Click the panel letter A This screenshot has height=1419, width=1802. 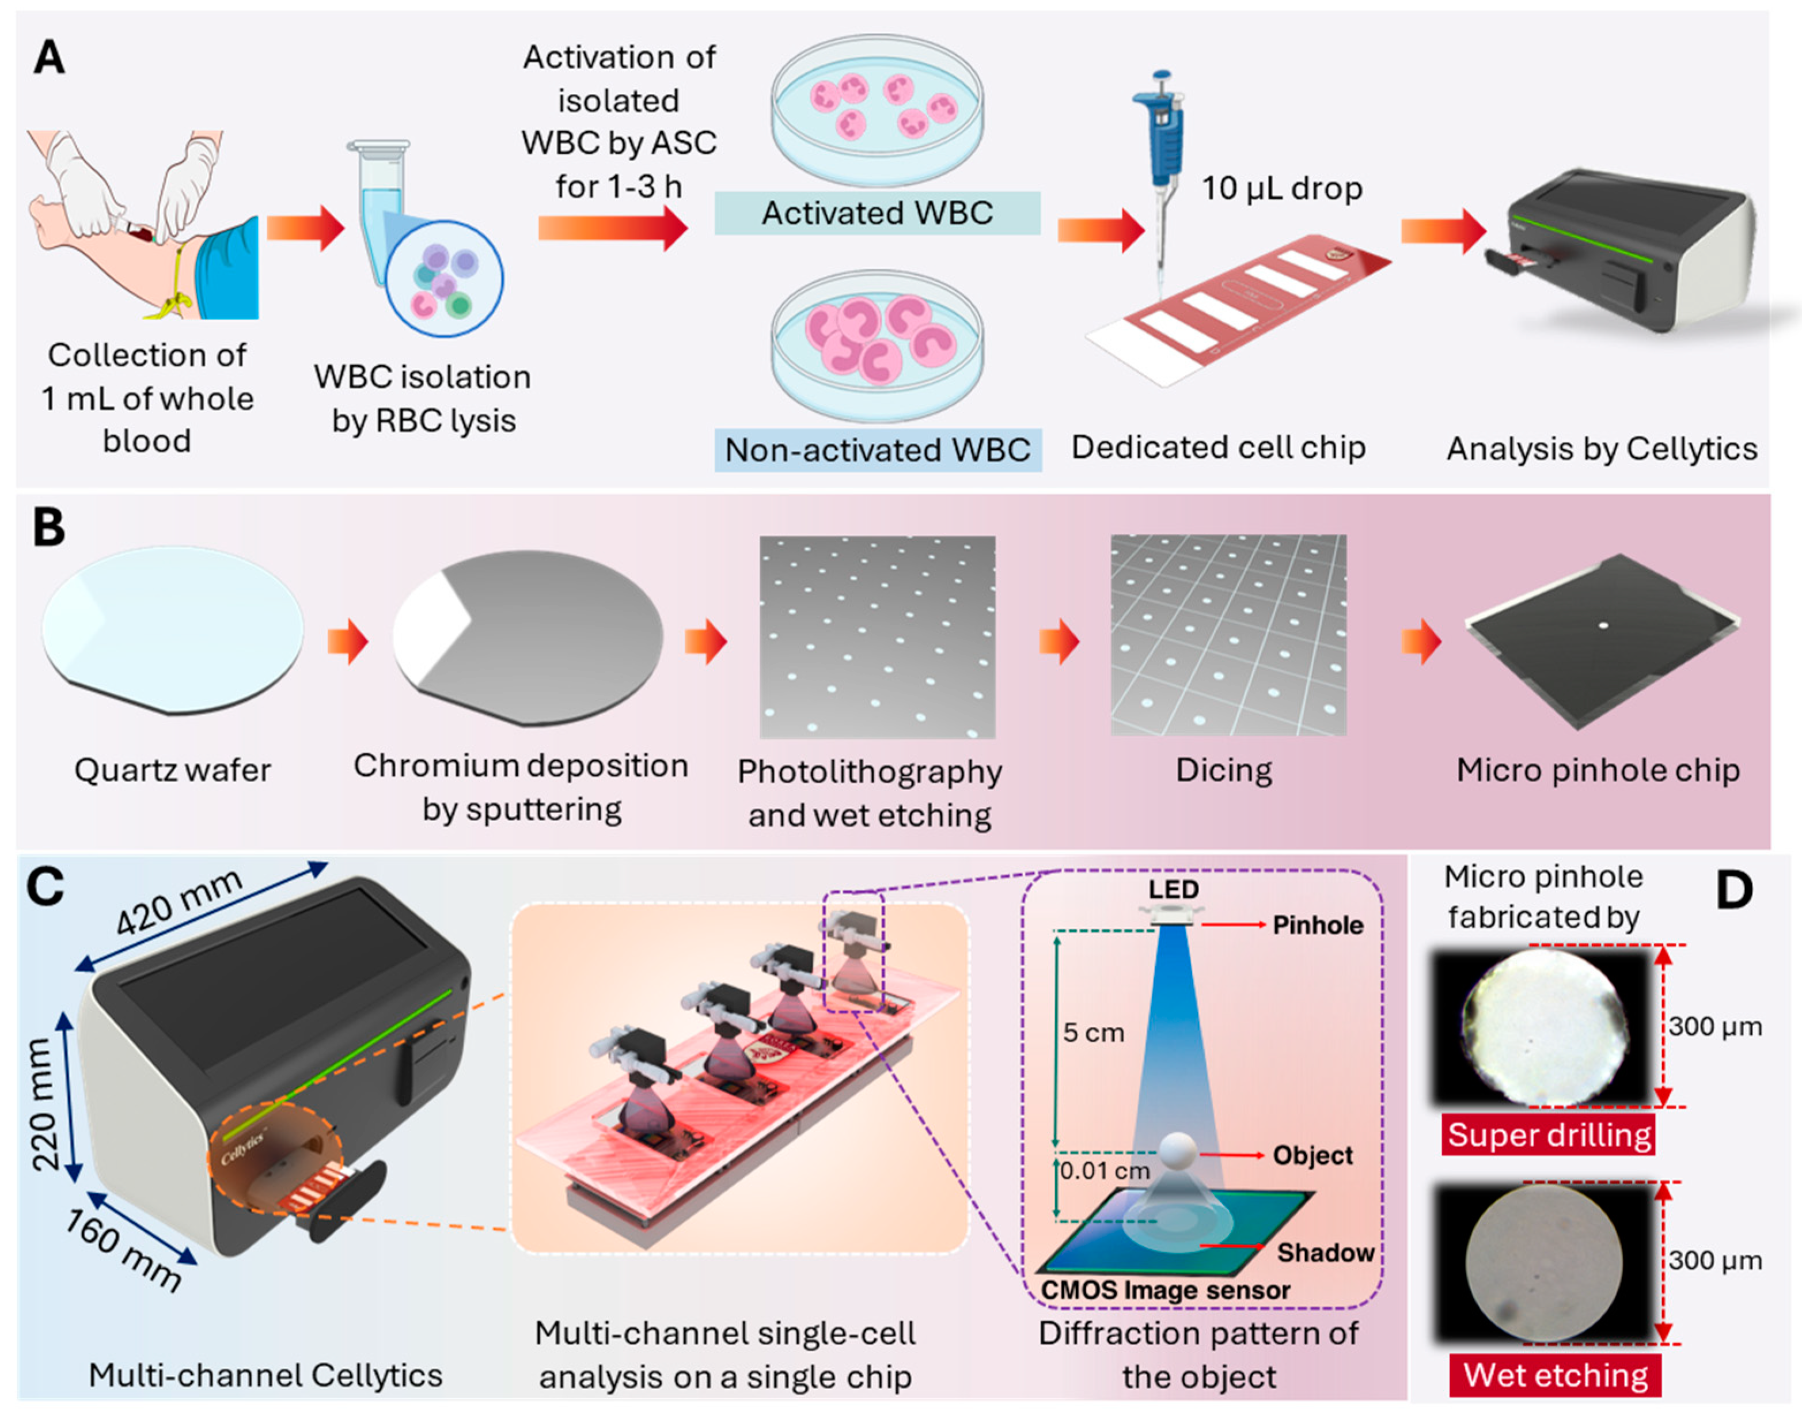pyautogui.click(x=49, y=58)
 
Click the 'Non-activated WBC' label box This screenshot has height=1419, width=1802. pyautogui.click(x=877, y=449)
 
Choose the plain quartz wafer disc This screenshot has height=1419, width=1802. pyautogui.click(x=172, y=629)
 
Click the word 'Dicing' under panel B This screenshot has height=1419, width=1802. pyautogui.click(x=1223, y=770)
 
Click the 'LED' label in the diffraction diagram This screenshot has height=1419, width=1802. pyautogui.click(x=1173, y=890)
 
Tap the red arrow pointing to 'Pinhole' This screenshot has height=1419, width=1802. pyautogui.click(x=1233, y=925)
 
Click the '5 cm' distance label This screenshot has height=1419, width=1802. pyautogui.click(x=1093, y=1033)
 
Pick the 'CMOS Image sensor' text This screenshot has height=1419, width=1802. pyautogui.click(x=1165, y=1290)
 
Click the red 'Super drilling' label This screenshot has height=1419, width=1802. pyautogui.click(x=1548, y=1135)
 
